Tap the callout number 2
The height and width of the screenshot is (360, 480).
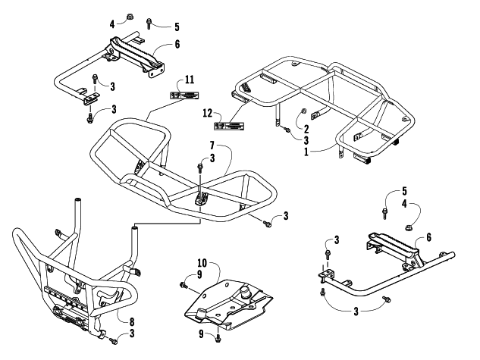click(306, 128)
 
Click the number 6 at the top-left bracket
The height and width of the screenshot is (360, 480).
click(177, 45)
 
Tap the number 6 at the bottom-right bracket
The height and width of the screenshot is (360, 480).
click(429, 237)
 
